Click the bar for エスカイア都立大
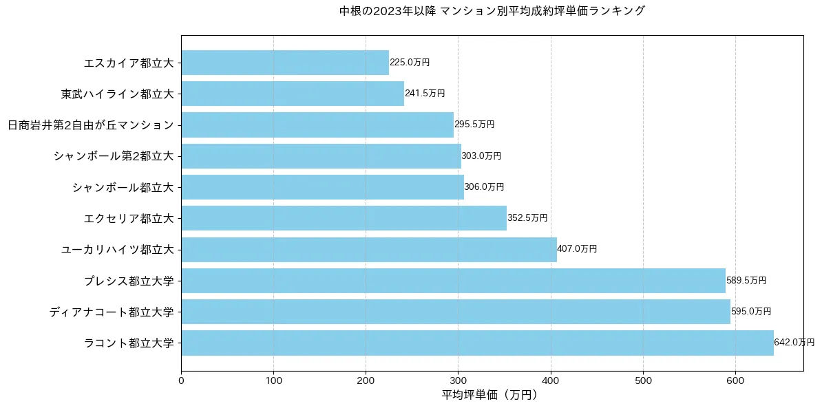point(285,63)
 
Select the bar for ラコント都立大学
point(477,343)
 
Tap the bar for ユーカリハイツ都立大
point(369,249)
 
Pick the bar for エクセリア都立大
point(344,218)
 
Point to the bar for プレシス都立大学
point(453,281)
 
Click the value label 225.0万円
point(410,63)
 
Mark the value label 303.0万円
point(481,156)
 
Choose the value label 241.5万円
point(425,94)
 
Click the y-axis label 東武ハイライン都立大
point(117,94)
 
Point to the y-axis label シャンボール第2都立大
point(114,156)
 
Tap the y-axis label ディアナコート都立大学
point(111,312)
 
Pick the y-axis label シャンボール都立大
point(123,187)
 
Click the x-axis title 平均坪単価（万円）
point(489,395)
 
